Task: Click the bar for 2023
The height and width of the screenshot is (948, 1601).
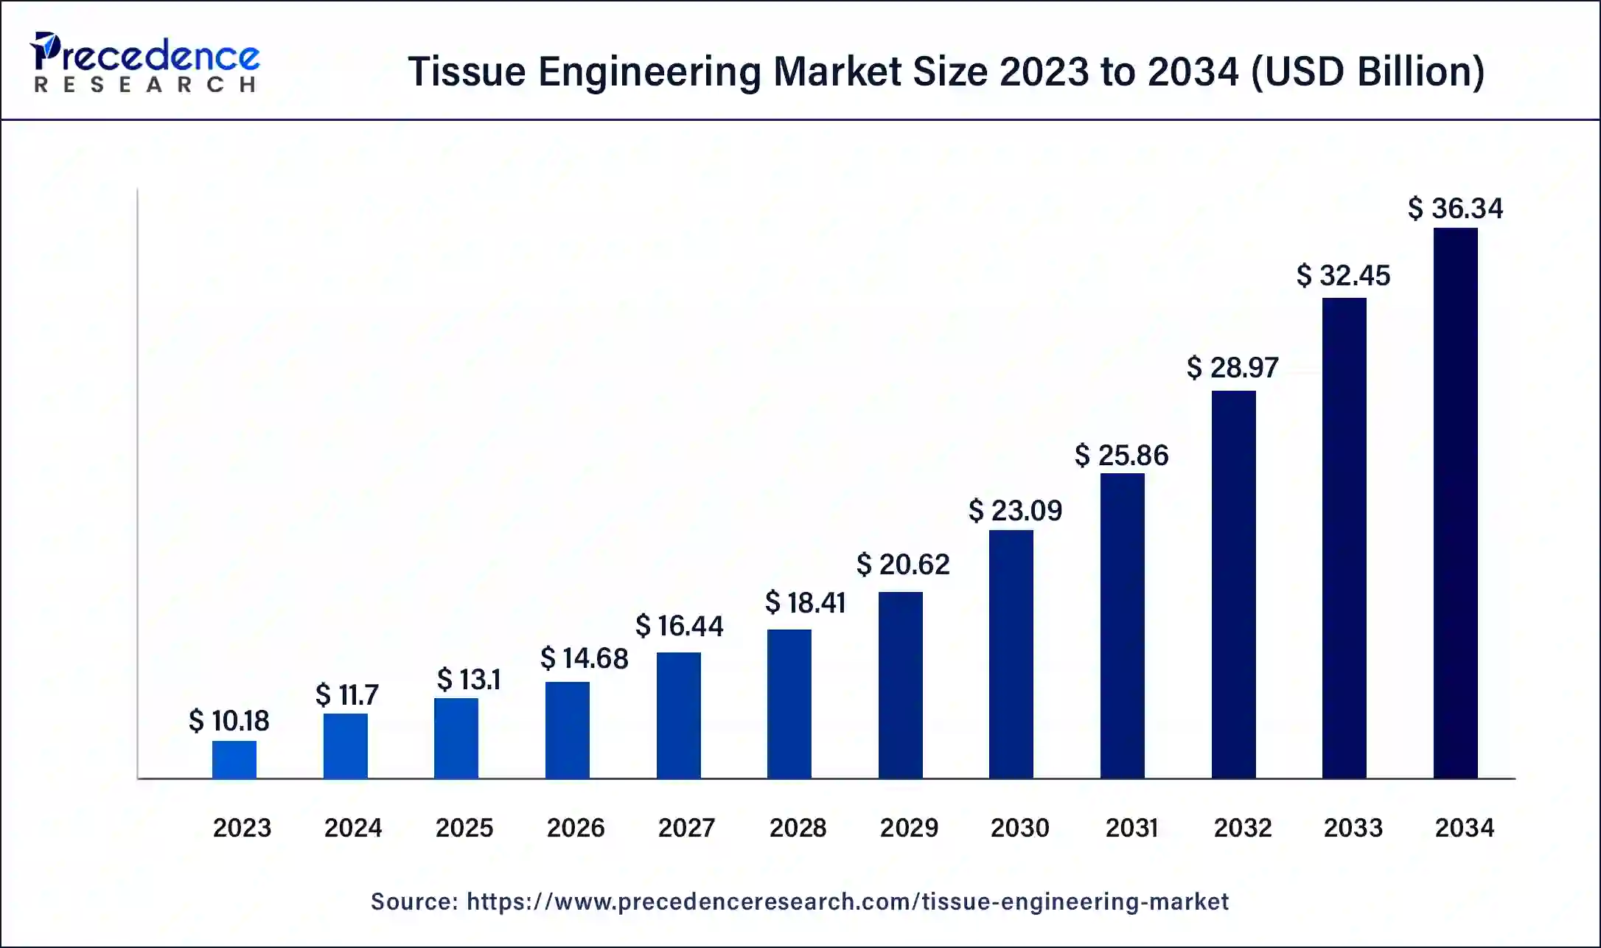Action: click(234, 759)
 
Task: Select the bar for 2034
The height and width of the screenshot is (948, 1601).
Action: click(1455, 503)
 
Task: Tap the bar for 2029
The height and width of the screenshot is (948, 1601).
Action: click(900, 685)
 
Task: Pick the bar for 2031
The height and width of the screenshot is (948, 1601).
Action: click(1122, 626)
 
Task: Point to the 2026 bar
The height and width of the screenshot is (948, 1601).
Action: click(567, 730)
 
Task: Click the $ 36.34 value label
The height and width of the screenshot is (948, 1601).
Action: click(1455, 209)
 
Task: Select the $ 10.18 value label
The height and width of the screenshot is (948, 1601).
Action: click(229, 721)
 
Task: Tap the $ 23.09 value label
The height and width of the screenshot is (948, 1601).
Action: click(1015, 511)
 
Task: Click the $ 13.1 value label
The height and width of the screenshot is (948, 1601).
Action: click(469, 680)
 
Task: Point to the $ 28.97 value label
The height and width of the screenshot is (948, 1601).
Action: click(1232, 368)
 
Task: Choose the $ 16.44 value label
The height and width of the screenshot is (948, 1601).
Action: click(679, 627)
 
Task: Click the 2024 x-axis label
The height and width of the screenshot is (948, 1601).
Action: click(353, 828)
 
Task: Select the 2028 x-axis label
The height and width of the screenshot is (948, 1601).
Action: click(798, 828)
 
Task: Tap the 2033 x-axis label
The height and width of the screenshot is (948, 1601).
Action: click(1353, 828)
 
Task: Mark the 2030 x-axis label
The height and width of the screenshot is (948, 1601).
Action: click(1019, 828)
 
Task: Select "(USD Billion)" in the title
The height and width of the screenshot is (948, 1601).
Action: click(1368, 72)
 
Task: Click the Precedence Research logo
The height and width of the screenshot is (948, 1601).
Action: click(144, 63)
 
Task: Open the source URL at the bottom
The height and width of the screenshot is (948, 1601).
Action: click(847, 902)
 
